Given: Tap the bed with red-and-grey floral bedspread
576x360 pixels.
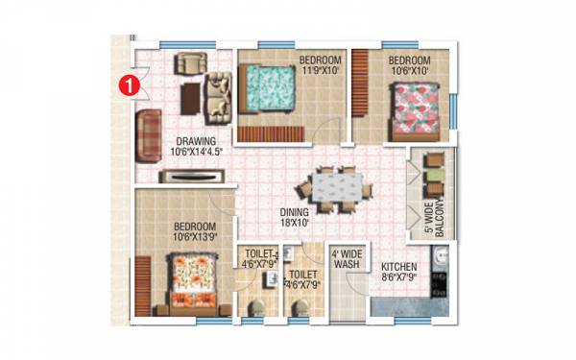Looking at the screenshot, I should coord(417,105).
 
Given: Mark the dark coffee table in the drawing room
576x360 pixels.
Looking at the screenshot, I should coord(192,94).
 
